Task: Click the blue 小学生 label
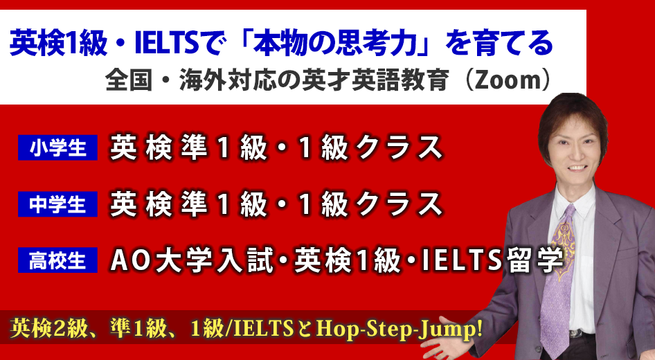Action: click(x=57, y=147)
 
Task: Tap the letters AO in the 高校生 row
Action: click(x=127, y=260)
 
